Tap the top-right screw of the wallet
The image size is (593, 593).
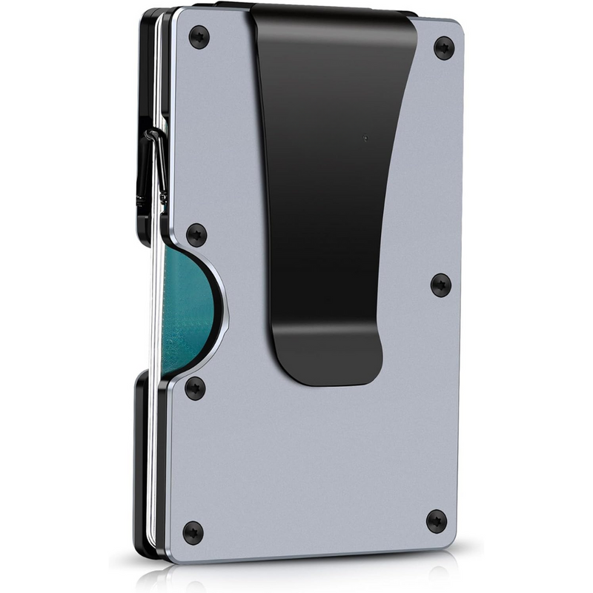pos(443,48)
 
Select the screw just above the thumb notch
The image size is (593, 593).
pos(196,235)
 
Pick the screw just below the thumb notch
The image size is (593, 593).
pos(195,388)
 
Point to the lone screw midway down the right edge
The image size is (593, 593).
pos(441,284)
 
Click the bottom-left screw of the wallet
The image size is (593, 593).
pos(192,531)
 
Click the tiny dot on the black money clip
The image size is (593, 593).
pos(365,137)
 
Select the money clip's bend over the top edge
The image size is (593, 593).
pos(334,10)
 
